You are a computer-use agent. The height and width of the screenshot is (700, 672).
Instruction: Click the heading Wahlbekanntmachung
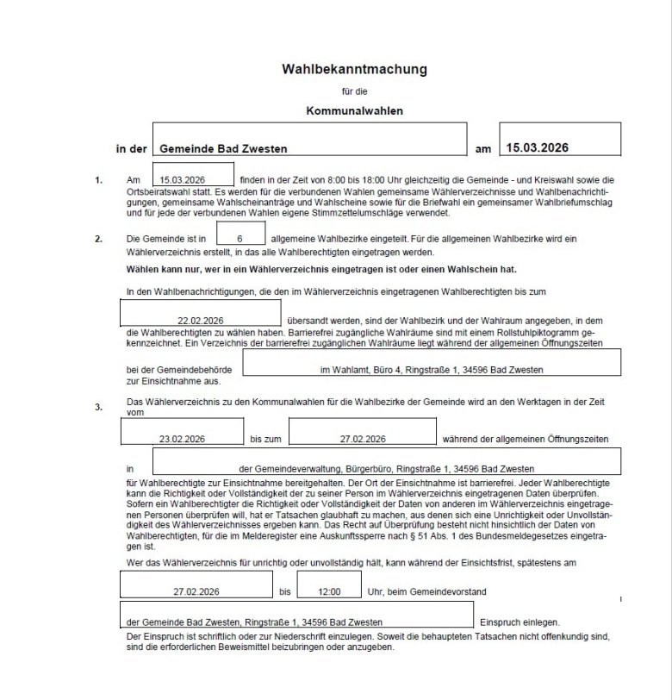tap(354, 68)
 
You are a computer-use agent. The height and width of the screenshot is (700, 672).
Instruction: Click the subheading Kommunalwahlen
tap(354, 110)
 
